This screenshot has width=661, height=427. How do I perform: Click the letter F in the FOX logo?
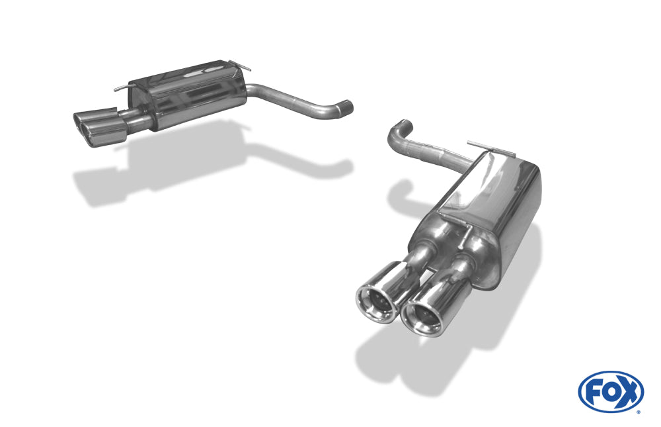(x=593, y=391)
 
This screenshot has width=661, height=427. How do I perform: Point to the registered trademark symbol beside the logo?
(x=638, y=411)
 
